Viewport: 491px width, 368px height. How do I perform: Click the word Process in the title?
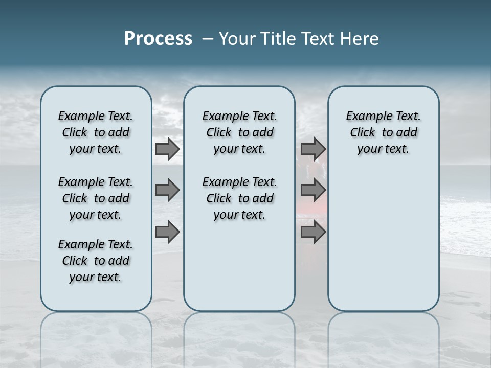158,39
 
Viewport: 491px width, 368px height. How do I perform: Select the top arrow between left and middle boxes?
167,149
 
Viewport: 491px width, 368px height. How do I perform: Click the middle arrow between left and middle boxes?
167,190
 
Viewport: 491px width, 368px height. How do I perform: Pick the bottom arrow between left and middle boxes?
167,232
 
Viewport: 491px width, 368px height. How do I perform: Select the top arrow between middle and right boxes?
313,149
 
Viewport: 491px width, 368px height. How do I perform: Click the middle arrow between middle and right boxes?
313,190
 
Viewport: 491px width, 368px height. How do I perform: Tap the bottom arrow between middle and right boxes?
313,232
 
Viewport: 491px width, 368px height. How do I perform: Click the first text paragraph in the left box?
96,132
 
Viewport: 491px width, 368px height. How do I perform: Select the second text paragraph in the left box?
96,198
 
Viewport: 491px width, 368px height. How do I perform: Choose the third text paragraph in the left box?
96,261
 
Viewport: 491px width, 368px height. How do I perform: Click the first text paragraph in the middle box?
239,132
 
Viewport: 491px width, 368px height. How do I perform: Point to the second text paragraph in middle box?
239,198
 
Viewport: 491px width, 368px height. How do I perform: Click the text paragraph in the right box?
383,132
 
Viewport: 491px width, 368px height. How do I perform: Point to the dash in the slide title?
208,39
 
